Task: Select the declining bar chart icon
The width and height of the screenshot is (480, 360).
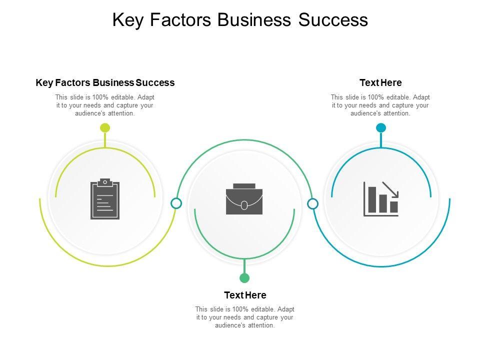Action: [x=381, y=198]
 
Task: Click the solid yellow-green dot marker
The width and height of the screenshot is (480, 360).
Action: [x=105, y=128]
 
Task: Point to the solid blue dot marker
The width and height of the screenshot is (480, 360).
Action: [x=381, y=128]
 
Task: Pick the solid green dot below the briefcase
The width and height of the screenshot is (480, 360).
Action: [x=244, y=278]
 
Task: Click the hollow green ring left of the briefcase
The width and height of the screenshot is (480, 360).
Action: [x=176, y=203]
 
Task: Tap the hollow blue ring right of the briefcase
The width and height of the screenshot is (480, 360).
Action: [x=312, y=203]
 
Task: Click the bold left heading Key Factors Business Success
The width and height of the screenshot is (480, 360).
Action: [x=105, y=82]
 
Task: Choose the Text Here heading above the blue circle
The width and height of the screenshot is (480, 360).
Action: [x=380, y=82]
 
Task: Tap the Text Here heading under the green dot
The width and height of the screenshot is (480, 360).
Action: [x=245, y=295]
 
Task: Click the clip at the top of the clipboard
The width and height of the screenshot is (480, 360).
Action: [x=105, y=181]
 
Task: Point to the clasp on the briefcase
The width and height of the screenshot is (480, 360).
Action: [x=244, y=205]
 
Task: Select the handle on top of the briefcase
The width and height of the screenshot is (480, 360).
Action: [x=244, y=186]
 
